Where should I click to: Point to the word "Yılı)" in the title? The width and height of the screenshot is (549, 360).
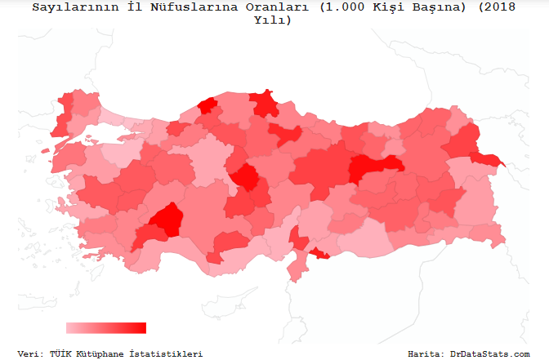(x=274, y=20)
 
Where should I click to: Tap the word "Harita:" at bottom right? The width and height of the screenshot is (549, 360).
(x=426, y=353)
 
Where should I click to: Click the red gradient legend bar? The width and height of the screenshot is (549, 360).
(x=105, y=327)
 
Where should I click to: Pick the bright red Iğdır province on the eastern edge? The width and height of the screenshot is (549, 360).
(x=489, y=158)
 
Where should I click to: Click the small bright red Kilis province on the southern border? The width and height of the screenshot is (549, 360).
(x=319, y=256)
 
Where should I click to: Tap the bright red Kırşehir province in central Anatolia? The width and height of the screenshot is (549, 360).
(x=247, y=176)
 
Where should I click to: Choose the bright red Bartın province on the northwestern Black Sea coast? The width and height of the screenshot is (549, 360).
(x=208, y=105)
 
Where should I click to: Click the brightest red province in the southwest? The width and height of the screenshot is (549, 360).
(x=168, y=219)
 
